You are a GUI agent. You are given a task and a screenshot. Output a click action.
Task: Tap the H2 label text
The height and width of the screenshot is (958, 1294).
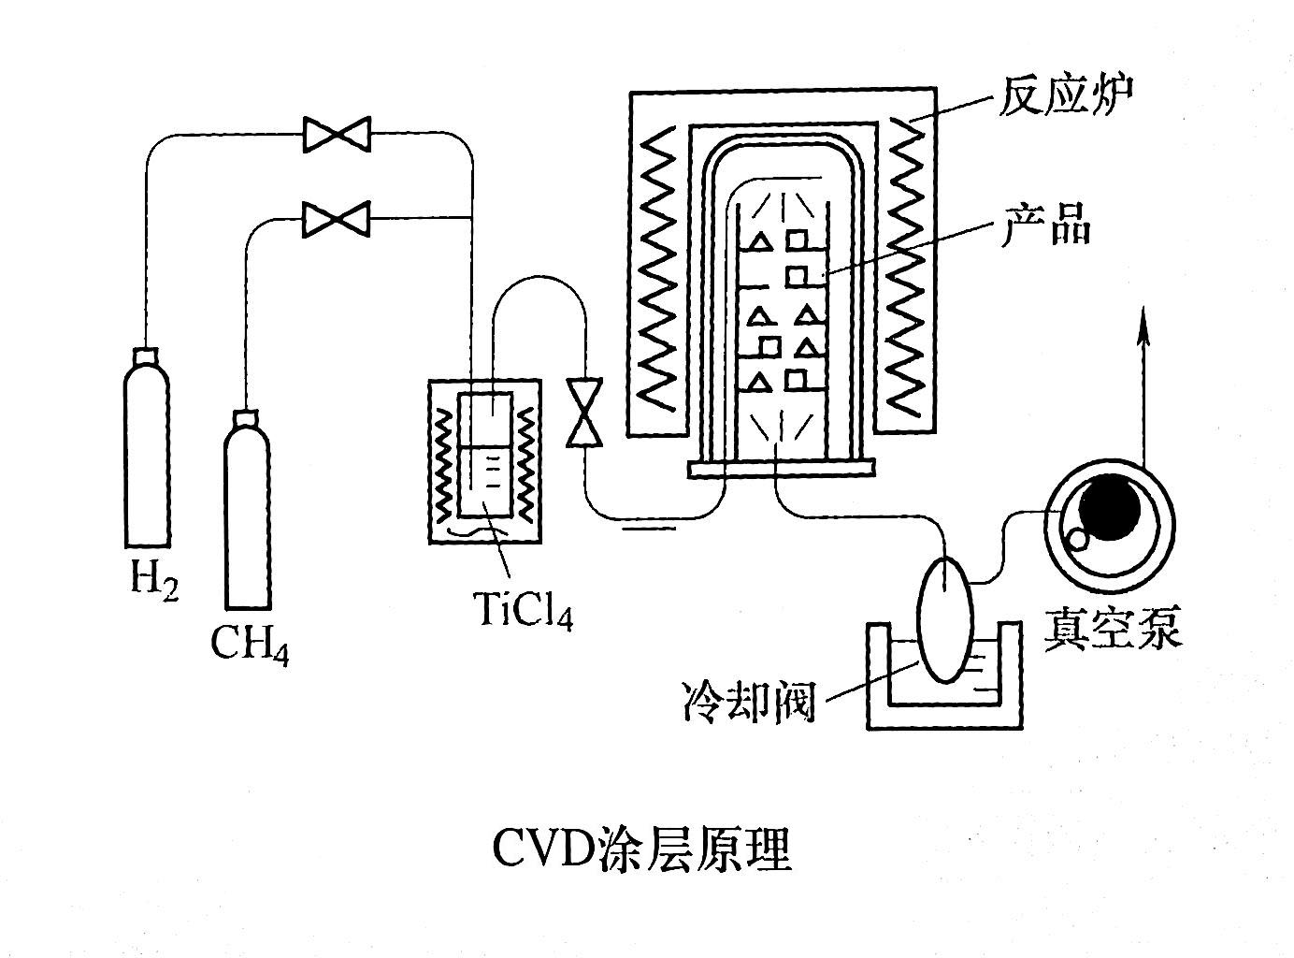[152, 581]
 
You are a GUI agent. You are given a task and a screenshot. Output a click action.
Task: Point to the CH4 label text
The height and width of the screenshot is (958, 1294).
[249, 644]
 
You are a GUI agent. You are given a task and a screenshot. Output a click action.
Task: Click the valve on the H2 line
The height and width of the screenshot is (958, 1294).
[337, 134]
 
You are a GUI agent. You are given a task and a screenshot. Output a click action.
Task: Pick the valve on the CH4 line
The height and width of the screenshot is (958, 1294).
[337, 219]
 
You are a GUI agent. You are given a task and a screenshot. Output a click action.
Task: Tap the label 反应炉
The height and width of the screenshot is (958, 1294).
[1065, 94]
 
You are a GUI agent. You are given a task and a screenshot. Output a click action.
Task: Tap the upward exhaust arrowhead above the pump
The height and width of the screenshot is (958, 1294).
[1143, 323]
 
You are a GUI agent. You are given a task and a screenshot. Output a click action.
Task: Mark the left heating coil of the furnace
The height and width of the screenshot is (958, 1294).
[667, 262]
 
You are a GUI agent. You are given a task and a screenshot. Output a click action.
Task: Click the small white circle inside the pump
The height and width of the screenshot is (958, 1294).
[1078, 539]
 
